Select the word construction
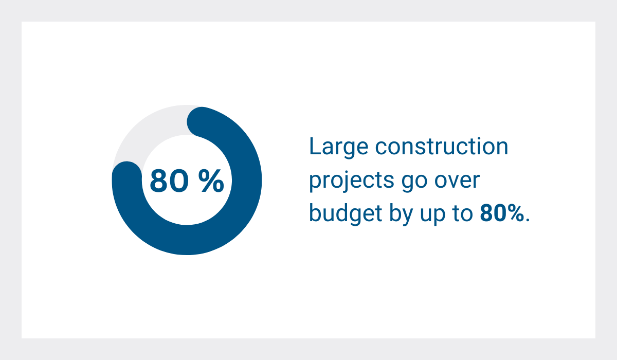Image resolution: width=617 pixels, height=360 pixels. [x=442, y=146]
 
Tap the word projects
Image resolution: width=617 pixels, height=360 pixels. [x=352, y=181]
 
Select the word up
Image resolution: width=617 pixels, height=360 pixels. [x=432, y=216]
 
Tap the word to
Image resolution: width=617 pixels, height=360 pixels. [x=462, y=214]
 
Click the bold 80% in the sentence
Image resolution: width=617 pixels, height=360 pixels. [x=502, y=213]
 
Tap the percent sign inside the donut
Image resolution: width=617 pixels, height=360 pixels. [x=211, y=181]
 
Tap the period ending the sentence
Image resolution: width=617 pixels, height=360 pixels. [x=528, y=220]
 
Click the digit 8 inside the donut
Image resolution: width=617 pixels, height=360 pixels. [x=159, y=181]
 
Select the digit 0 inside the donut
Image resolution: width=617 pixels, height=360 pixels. [x=180, y=181]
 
